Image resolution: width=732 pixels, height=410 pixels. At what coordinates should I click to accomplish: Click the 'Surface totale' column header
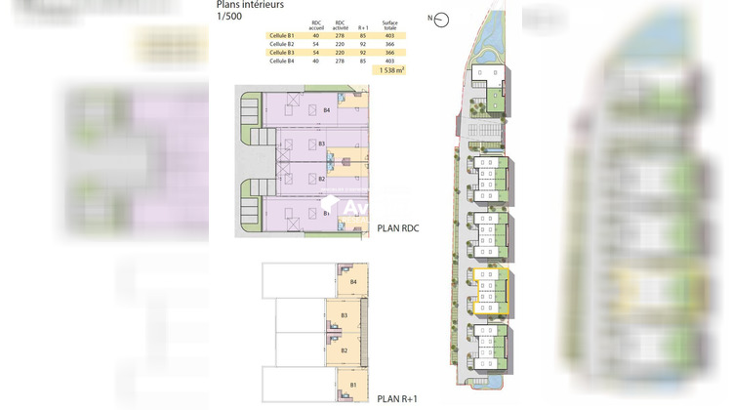click(x=390, y=24)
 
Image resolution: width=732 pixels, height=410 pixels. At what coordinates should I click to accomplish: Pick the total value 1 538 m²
click(x=389, y=71)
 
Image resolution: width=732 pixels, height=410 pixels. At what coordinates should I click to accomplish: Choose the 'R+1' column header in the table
click(x=364, y=26)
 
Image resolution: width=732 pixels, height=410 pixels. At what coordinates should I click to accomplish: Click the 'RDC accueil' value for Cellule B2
click(x=315, y=44)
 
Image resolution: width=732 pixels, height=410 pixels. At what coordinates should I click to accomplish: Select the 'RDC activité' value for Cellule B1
click(x=340, y=35)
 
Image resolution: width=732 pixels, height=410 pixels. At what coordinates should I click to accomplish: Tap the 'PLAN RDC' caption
click(x=403, y=230)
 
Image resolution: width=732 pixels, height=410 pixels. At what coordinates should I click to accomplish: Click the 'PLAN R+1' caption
click(x=402, y=397)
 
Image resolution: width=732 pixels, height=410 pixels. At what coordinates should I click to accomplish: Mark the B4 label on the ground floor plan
click(x=328, y=110)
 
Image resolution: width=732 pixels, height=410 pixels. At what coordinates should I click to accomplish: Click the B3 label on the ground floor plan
click(x=322, y=143)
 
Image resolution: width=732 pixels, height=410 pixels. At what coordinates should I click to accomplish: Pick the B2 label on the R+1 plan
click(x=345, y=350)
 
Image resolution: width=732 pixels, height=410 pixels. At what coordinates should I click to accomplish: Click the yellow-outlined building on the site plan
click(x=487, y=289)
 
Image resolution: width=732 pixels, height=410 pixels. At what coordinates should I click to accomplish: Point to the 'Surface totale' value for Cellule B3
click(x=389, y=53)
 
